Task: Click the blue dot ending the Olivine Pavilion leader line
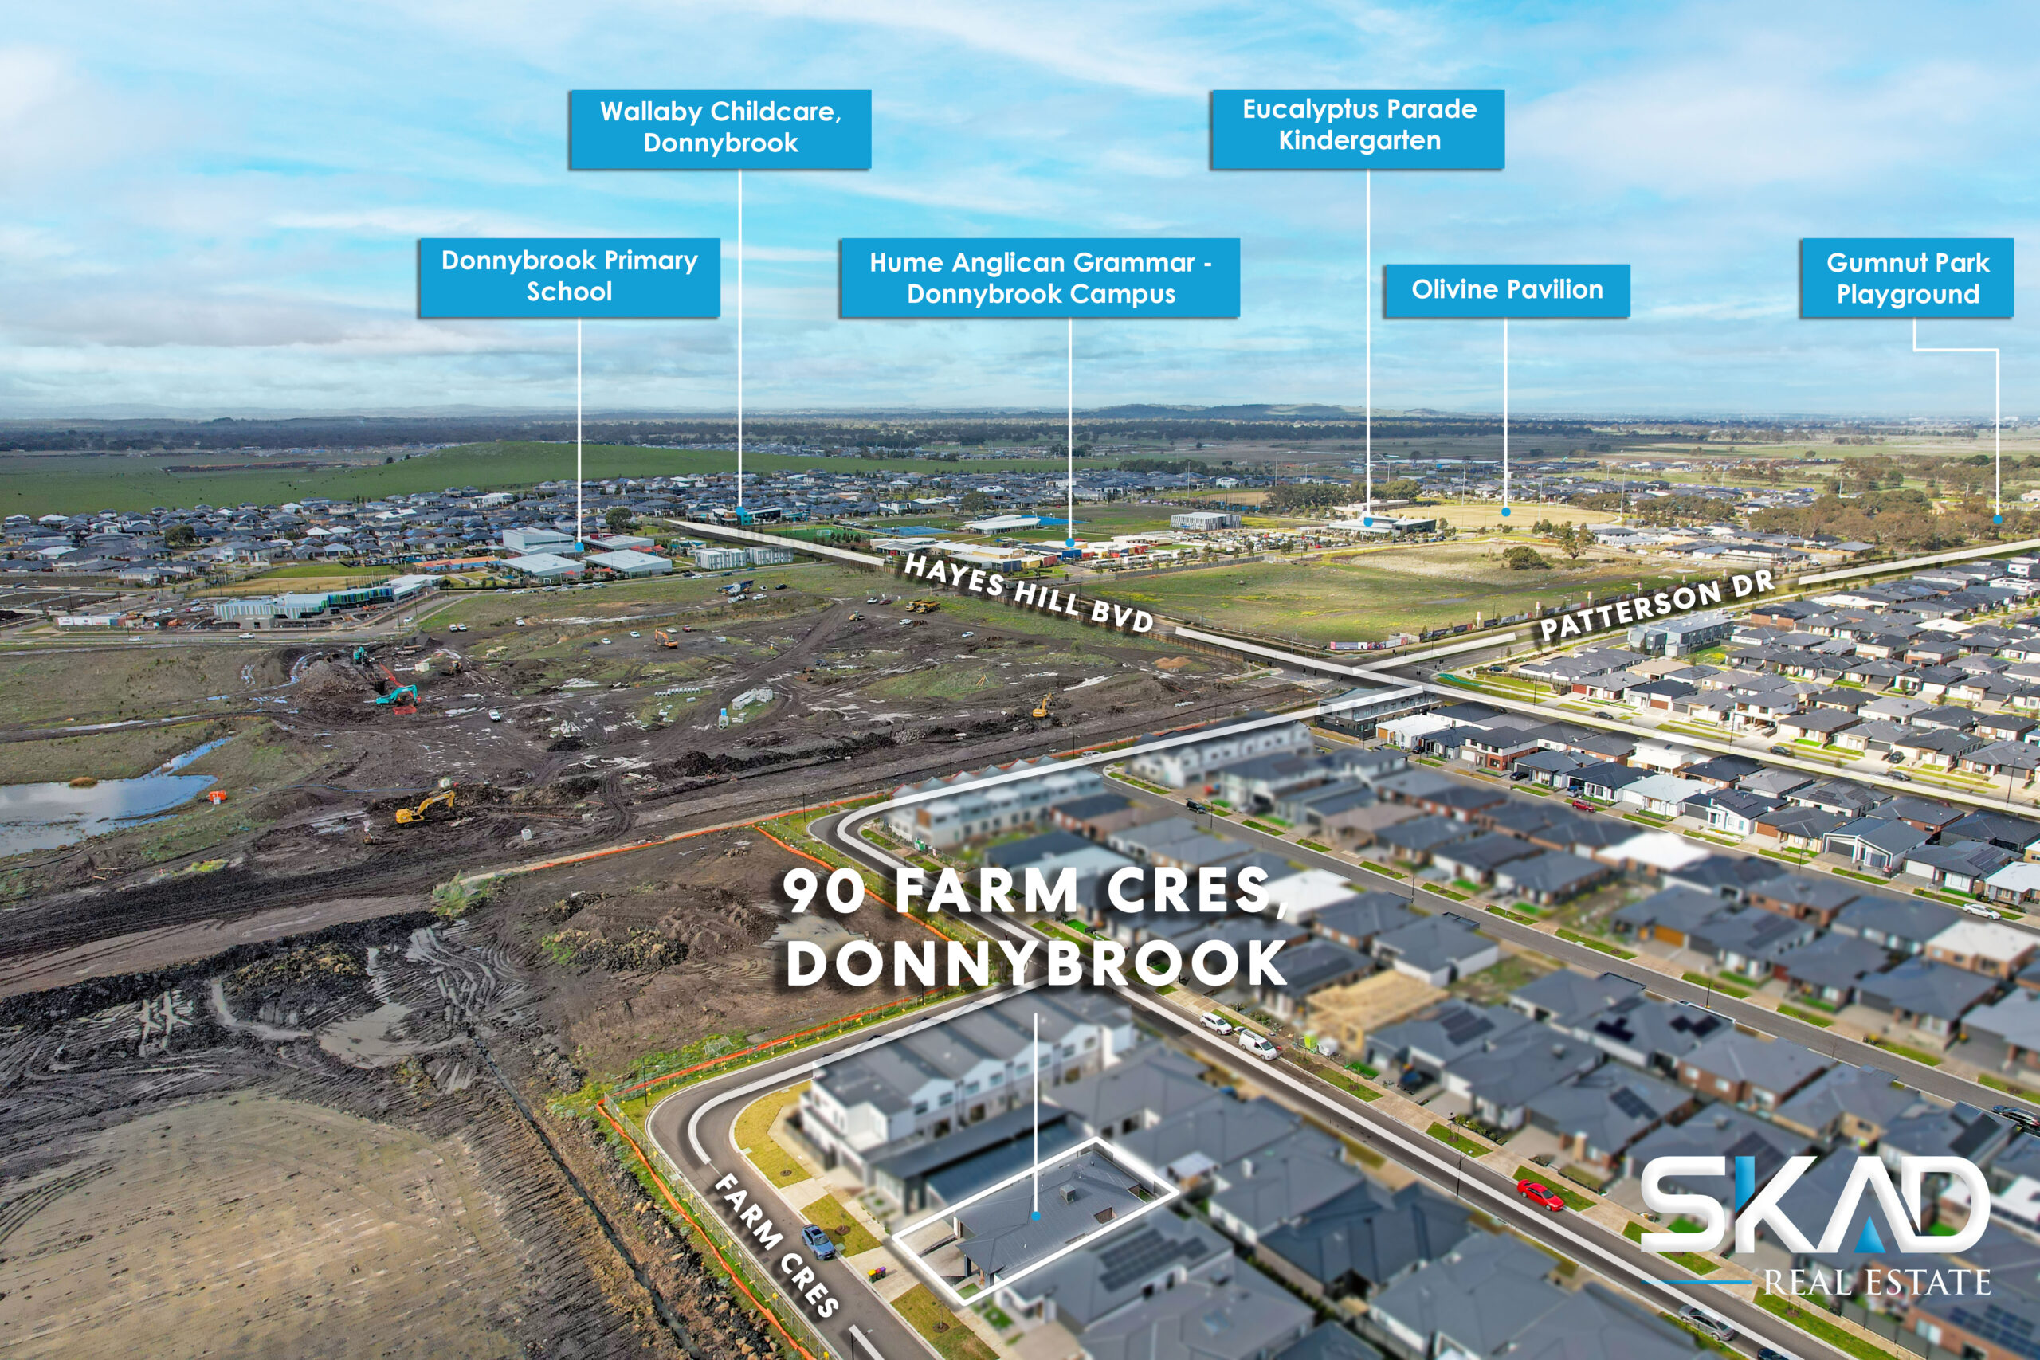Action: point(1506,511)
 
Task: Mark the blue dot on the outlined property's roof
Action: point(1036,1217)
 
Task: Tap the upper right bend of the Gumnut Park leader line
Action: point(1998,351)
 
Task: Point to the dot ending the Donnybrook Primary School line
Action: point(579,547)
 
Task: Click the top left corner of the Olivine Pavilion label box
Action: point(1383,265)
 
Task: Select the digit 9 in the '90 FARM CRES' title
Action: point(804,892)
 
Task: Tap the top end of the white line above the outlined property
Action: point(1036,1014)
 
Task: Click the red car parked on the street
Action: point(1540,1196)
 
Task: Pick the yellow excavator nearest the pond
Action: point(425,806)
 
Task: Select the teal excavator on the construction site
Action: point(398,695)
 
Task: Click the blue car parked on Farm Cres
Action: point(818,1241)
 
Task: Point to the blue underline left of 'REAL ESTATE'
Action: point(1695,1281)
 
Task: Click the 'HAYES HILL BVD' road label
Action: point(1029,594)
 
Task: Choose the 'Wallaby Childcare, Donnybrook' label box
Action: point(720,129)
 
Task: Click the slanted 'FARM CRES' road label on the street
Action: point(776,1244)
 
